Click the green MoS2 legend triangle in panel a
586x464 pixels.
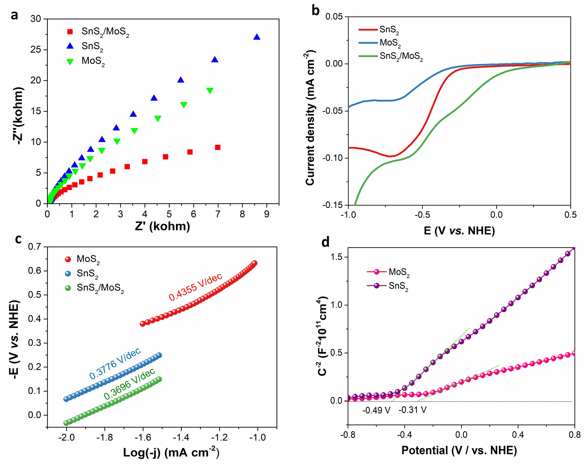70,62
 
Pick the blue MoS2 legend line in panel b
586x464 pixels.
368,43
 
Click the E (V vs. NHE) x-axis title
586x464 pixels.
459,231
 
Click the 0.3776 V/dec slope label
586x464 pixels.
115,363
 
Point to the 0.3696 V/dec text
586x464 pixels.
130,384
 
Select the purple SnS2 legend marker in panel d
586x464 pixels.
377,286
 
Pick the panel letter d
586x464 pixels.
325,242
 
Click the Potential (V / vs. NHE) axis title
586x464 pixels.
459,450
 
